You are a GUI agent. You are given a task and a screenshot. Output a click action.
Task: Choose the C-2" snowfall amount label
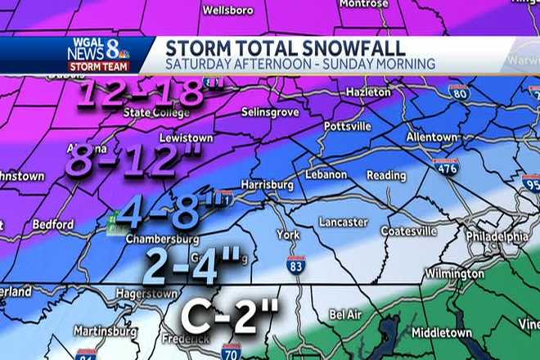pos(230,313)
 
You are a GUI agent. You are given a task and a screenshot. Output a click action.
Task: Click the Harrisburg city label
pos(268,185)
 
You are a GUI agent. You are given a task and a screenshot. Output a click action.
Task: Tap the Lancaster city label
pos(344,221)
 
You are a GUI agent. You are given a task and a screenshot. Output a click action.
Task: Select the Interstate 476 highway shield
pos(446,166)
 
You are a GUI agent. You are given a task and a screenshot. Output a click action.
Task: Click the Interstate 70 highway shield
pos(232,351)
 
